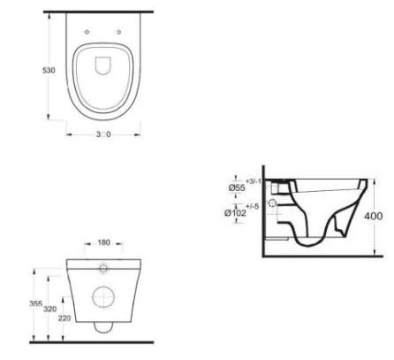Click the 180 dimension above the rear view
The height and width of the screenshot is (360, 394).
[104, 242]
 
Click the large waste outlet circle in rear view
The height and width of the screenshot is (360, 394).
[104, 297]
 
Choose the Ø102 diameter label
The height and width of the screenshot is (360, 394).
[236, 212]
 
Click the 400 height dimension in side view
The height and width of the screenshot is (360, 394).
[375, 215]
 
